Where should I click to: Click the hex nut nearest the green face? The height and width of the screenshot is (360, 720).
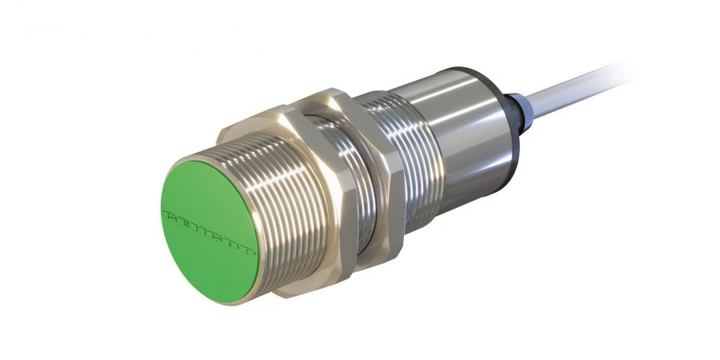(320, 192)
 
